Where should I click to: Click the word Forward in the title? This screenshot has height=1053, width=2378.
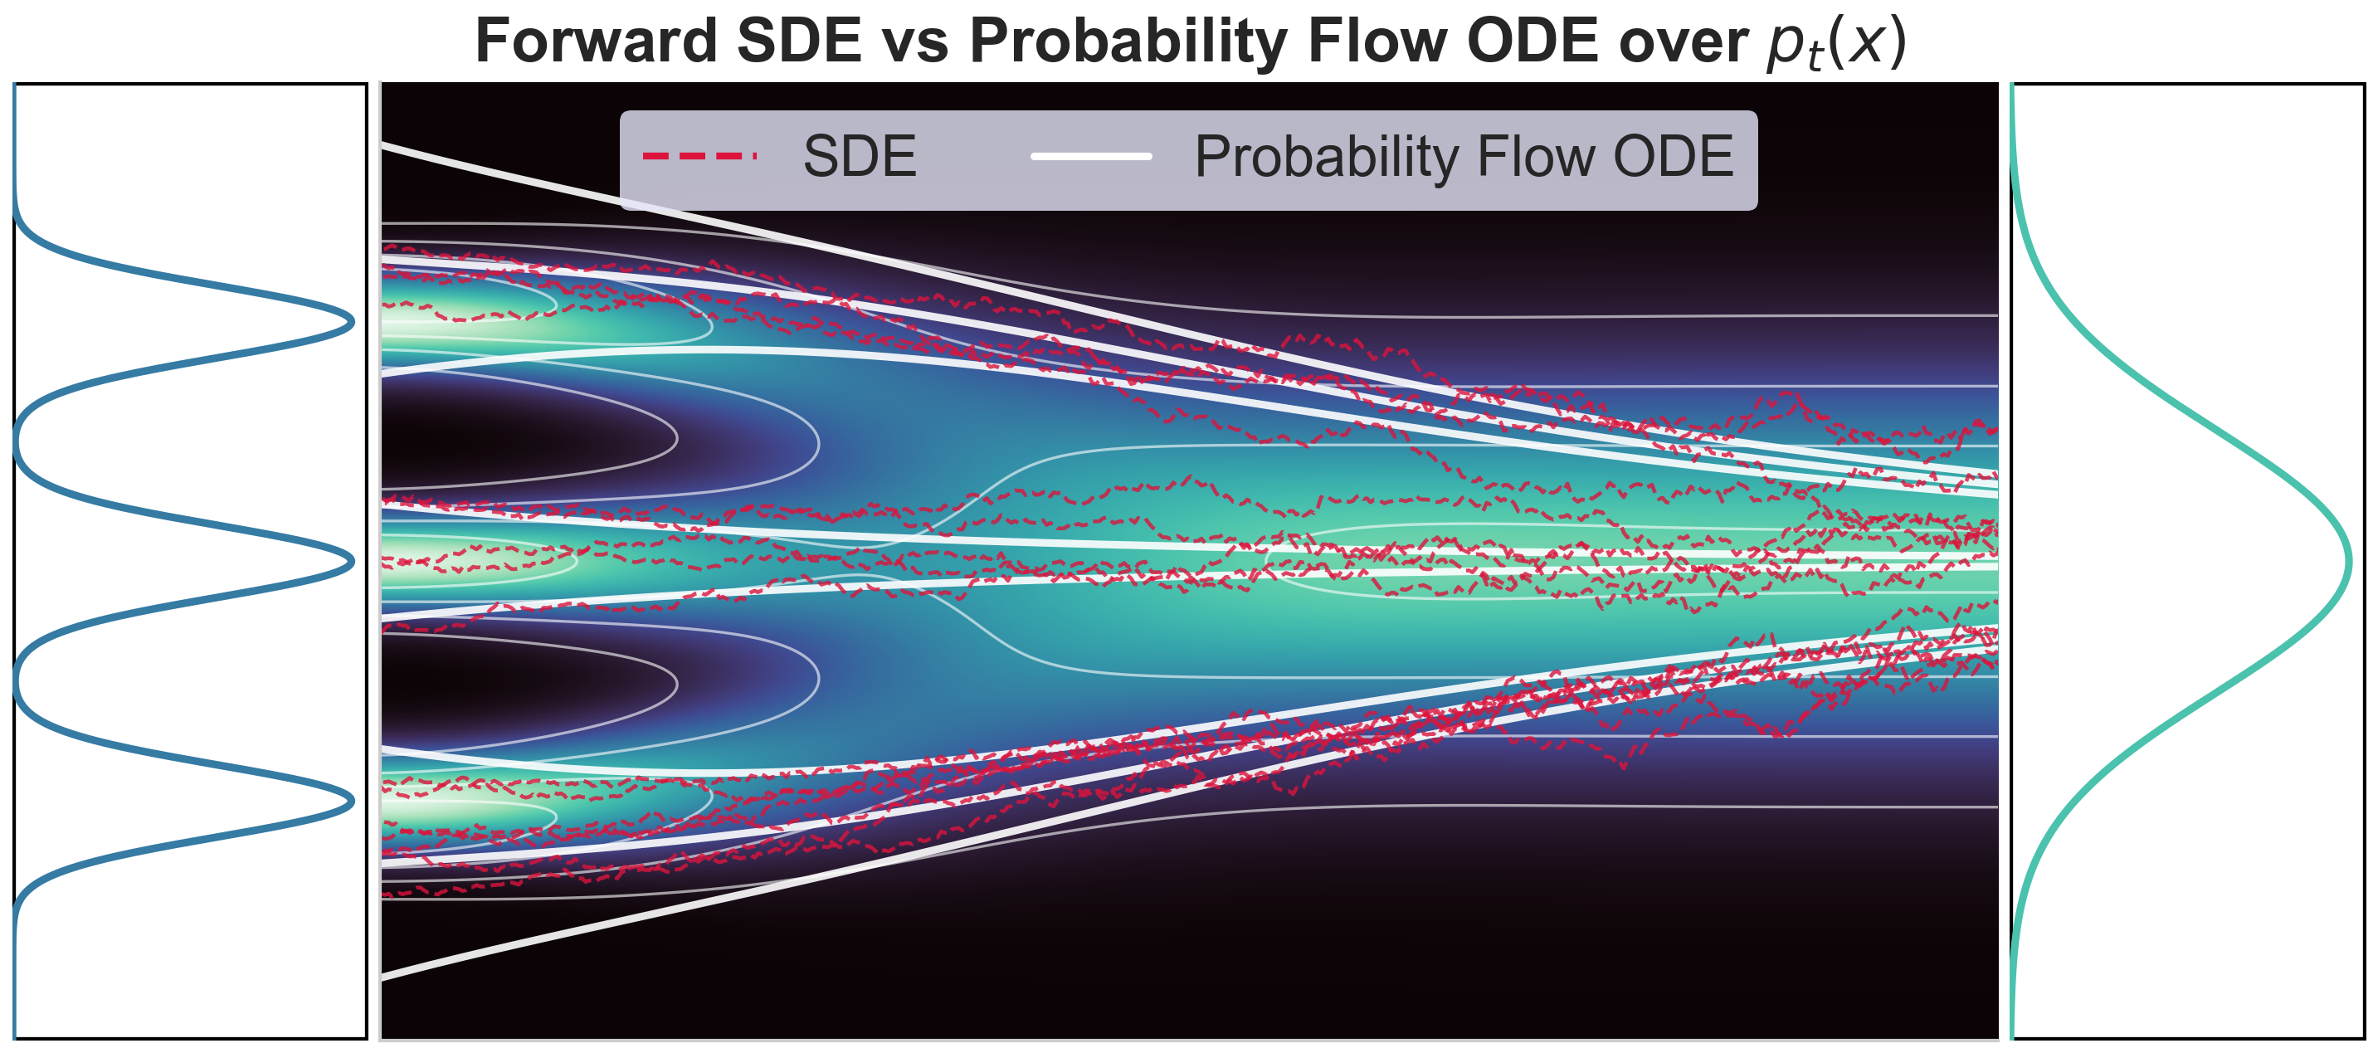tap(596, 41)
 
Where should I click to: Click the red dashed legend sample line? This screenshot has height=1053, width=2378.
tap(699, 156)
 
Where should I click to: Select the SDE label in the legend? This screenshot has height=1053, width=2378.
tap(860, 156)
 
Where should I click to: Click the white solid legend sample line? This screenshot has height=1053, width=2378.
tap(1091, 156)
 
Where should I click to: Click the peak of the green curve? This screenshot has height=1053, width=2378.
tap(2347, 561)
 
